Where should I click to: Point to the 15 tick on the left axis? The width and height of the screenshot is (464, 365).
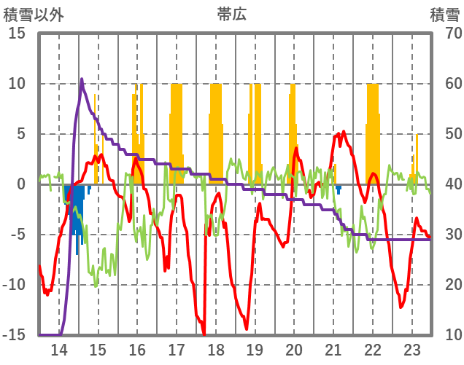[17, 34]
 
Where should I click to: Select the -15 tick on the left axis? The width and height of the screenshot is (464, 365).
[14, 335]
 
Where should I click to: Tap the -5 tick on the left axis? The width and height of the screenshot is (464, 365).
[17, 235]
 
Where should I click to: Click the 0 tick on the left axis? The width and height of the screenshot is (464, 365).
[21, 184]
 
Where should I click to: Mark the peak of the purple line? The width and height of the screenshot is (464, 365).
[82, 79]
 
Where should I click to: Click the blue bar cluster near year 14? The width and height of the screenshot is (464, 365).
[75, 211]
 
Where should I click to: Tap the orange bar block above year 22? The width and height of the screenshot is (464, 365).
[373, 131]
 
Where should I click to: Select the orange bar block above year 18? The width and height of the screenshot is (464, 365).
[216, 131]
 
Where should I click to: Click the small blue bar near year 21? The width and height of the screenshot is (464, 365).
[339, 189]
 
